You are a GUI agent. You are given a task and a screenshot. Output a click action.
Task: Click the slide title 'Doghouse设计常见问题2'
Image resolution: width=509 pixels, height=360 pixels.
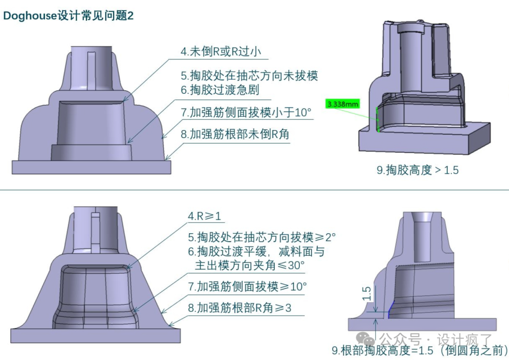pos(68,16)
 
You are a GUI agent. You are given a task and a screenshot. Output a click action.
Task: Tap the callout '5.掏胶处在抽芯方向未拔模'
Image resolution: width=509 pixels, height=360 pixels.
pos(249,76)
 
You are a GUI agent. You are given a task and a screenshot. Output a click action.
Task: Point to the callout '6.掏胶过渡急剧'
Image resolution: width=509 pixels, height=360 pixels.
pos(220,90)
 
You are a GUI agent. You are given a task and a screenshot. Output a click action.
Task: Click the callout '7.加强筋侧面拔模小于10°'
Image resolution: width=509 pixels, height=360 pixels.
pos(246,113)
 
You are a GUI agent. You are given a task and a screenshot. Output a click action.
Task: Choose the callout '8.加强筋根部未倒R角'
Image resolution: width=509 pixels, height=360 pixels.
pos(235,135)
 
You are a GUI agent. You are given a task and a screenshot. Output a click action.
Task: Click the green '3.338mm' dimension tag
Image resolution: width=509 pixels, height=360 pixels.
pos(343,104)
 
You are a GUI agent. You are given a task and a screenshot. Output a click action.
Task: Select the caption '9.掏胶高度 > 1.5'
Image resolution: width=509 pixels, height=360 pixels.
pos(418,170)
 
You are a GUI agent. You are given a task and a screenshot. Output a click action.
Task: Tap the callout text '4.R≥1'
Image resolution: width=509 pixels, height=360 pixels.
pos(205,216)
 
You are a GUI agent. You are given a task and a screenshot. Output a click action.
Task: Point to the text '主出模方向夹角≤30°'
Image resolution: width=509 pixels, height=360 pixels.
pos(250,265)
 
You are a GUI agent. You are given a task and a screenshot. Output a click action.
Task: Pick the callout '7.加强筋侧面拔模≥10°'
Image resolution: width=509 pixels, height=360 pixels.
pos(247,286)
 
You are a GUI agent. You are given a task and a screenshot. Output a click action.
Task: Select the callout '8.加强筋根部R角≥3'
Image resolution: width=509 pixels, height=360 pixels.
pos(239,308)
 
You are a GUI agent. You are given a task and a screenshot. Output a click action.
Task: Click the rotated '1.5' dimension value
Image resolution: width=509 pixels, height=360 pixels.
pos(368,294)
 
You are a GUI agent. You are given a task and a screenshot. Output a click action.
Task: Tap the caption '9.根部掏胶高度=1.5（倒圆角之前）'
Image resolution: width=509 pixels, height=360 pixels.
pos(419,351)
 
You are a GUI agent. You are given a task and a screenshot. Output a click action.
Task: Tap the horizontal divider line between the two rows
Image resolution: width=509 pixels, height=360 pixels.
pos(254,190)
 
